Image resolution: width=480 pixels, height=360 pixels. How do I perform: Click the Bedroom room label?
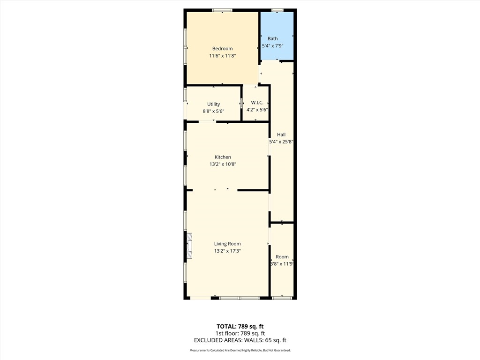coord(222,49)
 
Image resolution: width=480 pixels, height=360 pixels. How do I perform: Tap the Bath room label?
coord(272,38)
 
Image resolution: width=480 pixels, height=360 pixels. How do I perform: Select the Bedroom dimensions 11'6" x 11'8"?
coord(222,56)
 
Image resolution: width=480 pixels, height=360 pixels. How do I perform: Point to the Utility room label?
coord(213,104)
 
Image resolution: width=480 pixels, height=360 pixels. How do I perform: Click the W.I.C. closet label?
coord(257,103)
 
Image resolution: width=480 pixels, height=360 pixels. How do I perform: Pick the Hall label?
coord(281,135)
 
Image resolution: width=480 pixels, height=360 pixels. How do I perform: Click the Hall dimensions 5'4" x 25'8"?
coord(281,142)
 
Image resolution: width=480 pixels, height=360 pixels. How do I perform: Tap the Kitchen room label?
coord(223,157)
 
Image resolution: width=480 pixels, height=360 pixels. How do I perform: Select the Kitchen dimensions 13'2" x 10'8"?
coord(223,164)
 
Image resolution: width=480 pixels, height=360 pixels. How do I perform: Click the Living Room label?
coord(227,244)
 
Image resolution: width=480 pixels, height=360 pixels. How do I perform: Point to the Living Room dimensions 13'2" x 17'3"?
coord(227,251)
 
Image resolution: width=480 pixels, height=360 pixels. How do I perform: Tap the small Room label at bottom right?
coord(282,257)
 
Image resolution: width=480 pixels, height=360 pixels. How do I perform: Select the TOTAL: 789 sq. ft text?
coord(240,326)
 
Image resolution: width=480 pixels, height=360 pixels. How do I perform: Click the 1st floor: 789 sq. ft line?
coord(240,333)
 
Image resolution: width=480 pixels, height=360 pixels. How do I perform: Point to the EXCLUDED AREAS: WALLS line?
coord(240,340)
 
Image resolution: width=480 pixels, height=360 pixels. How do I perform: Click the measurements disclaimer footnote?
coord(240,351)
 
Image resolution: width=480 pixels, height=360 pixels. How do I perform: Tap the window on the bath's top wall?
coord(277,10)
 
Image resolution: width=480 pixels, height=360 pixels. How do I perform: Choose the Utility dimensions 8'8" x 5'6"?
coord(213,111)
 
